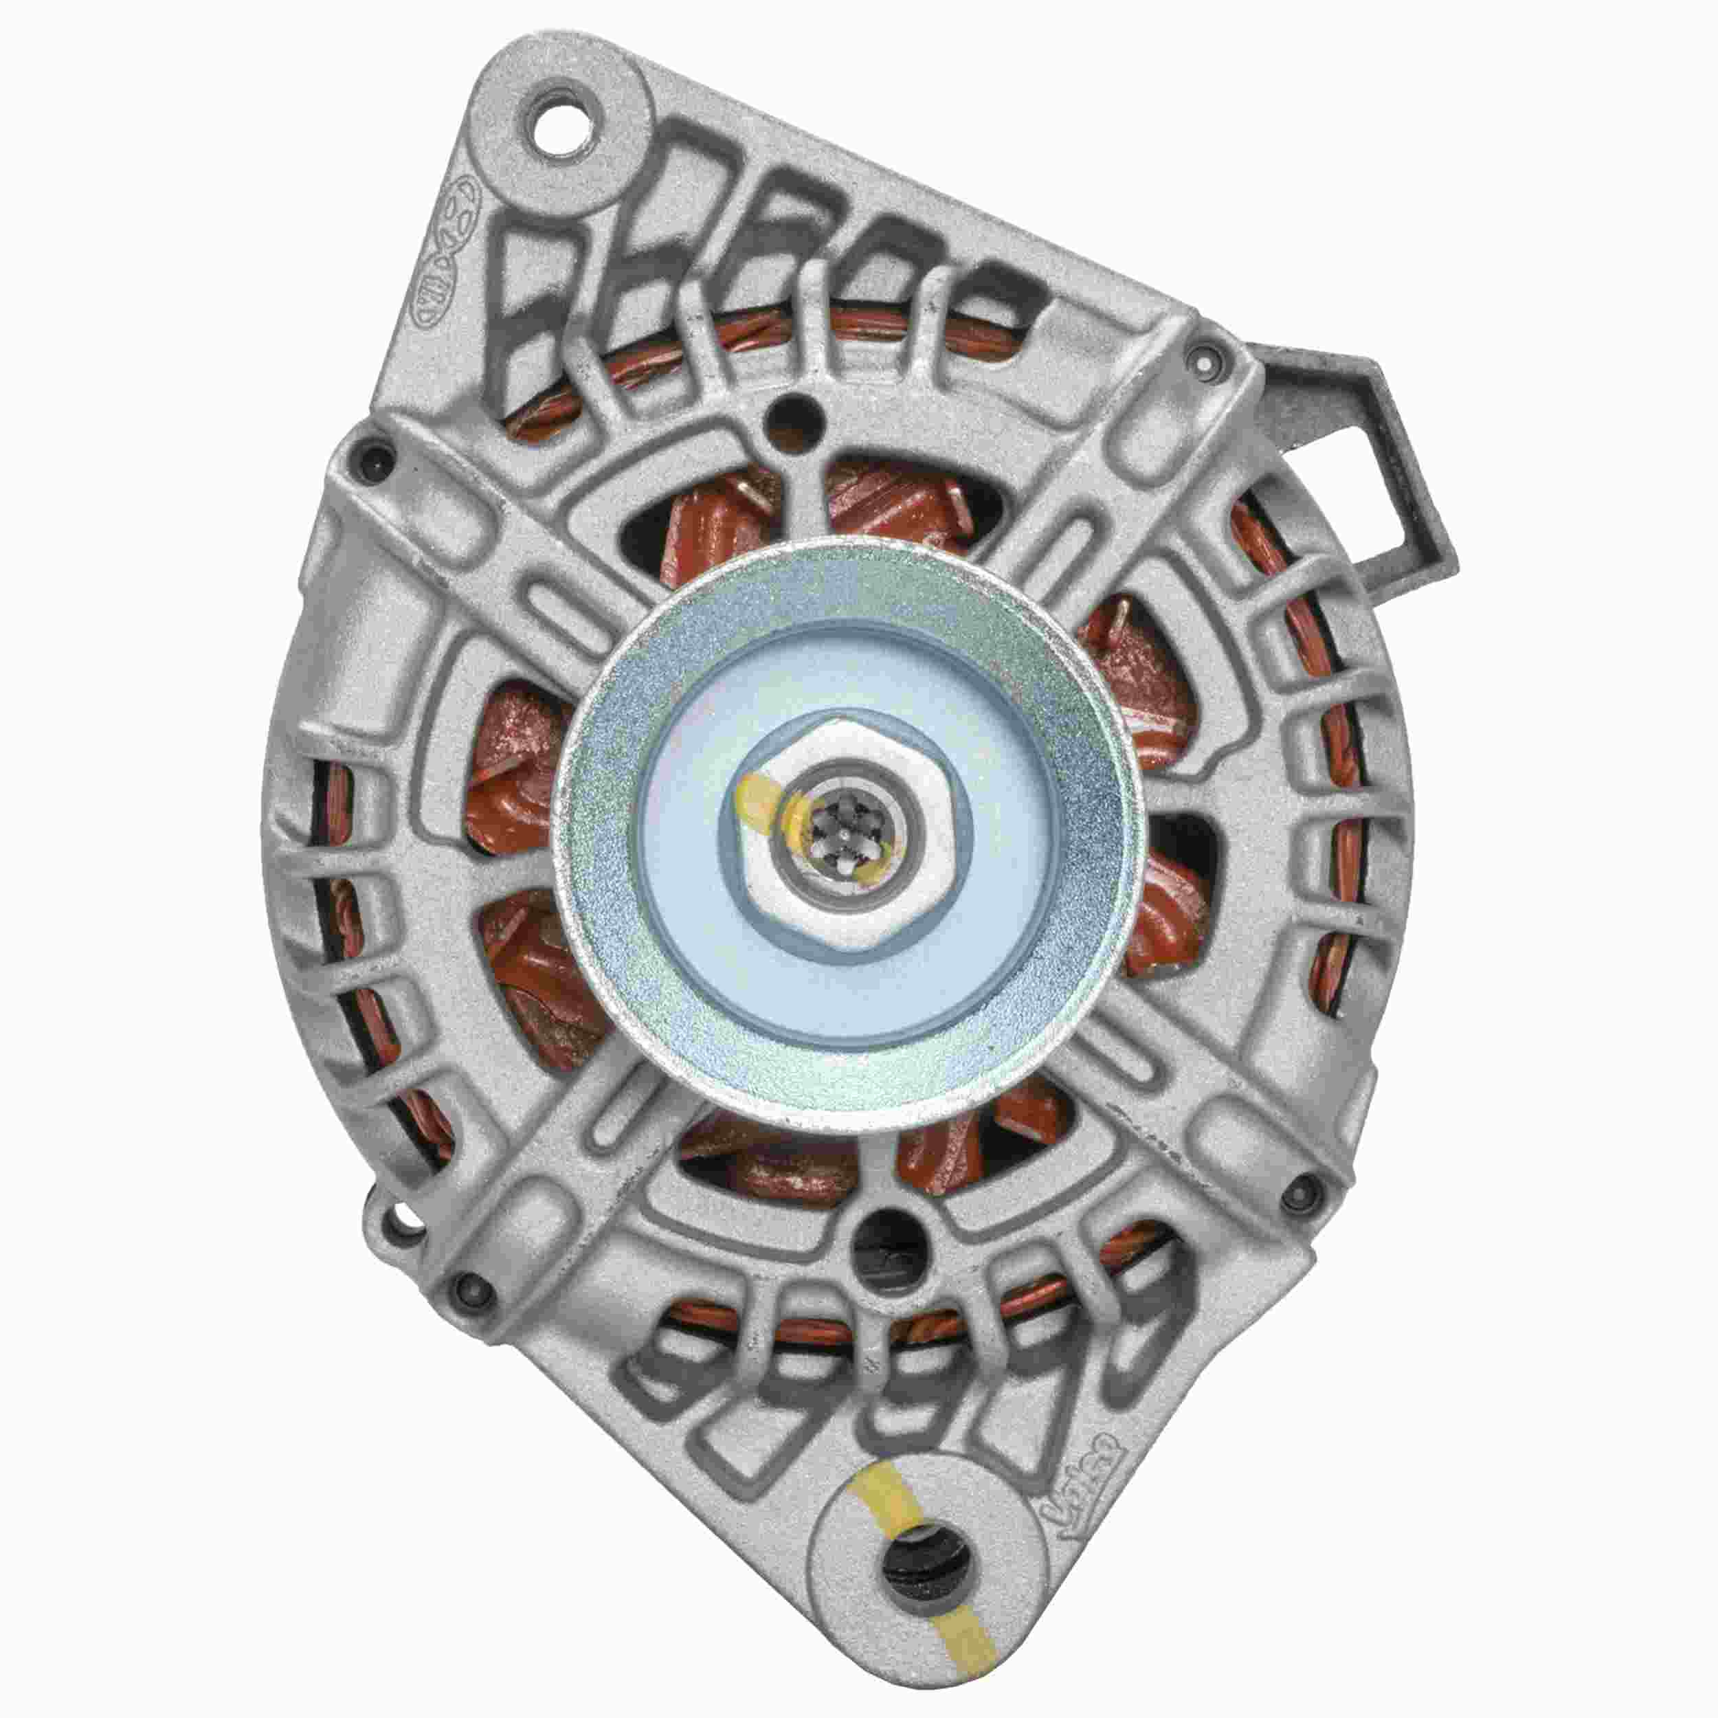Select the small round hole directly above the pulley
[796, 410]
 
